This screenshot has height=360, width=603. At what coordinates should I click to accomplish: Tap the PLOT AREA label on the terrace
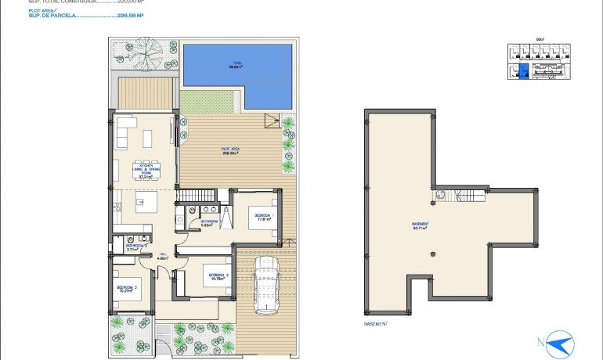pyautogui.click(x=229, y=151)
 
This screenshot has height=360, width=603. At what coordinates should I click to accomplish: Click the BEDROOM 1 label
pyautogui.click(x=263, y=217)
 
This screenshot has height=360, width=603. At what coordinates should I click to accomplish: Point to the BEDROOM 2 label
pyautogui.click(x=216, y=276)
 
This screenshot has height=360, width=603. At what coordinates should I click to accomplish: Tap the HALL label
pyautogui.click(x=163, y=256)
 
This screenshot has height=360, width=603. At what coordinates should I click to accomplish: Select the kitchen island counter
pyautogui.click(x=145, y=207)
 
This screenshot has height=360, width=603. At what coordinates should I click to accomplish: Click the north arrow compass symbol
pyautogui.click(x=559, y=342)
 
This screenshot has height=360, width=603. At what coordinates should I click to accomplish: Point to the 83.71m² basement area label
pyautogui.click(x=420, y=227)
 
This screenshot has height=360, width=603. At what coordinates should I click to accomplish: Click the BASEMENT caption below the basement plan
pyautogui.click(x=377, y=323)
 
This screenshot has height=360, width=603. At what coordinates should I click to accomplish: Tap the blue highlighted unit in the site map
pyautogui.click(x=524, y=74)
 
